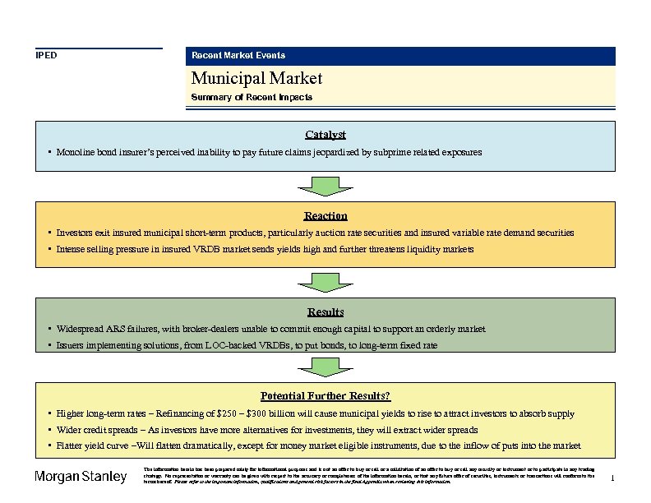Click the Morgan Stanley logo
point(81,477)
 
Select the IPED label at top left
point(46,55)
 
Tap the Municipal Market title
point(256,78)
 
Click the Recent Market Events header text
point(238,55)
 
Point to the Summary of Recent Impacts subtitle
point(252,97)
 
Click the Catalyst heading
point(325,134)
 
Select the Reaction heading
point(325,215)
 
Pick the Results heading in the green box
point(325,311)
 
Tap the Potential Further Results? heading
point(325,395)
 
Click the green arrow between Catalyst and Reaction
point(325,185)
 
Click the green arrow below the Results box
point(325,366)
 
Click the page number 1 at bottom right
point(613,478)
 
